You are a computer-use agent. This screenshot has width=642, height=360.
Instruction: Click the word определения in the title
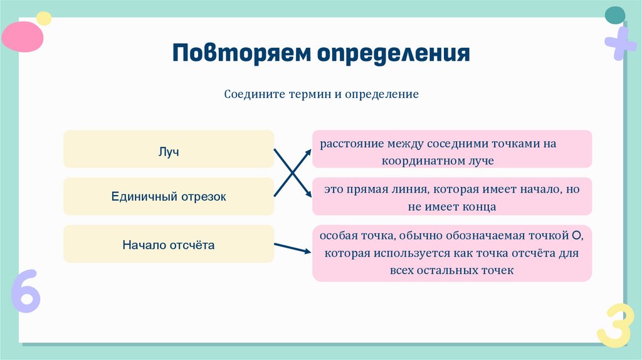392,54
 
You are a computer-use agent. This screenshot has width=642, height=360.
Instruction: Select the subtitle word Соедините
255,95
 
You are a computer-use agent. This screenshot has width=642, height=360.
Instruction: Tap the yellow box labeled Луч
169,149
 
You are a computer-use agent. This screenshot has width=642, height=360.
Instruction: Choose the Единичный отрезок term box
169,196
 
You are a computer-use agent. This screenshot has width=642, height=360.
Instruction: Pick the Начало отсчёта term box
169,244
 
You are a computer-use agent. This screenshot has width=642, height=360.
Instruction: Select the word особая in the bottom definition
339,236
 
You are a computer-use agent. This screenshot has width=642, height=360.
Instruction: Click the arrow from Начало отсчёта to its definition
293,248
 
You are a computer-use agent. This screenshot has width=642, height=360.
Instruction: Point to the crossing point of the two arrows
293,172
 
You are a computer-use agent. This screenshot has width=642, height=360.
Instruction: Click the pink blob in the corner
22,36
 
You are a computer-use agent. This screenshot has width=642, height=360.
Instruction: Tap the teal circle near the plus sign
614,15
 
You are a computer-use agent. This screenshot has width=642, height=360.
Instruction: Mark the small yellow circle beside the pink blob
43,18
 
